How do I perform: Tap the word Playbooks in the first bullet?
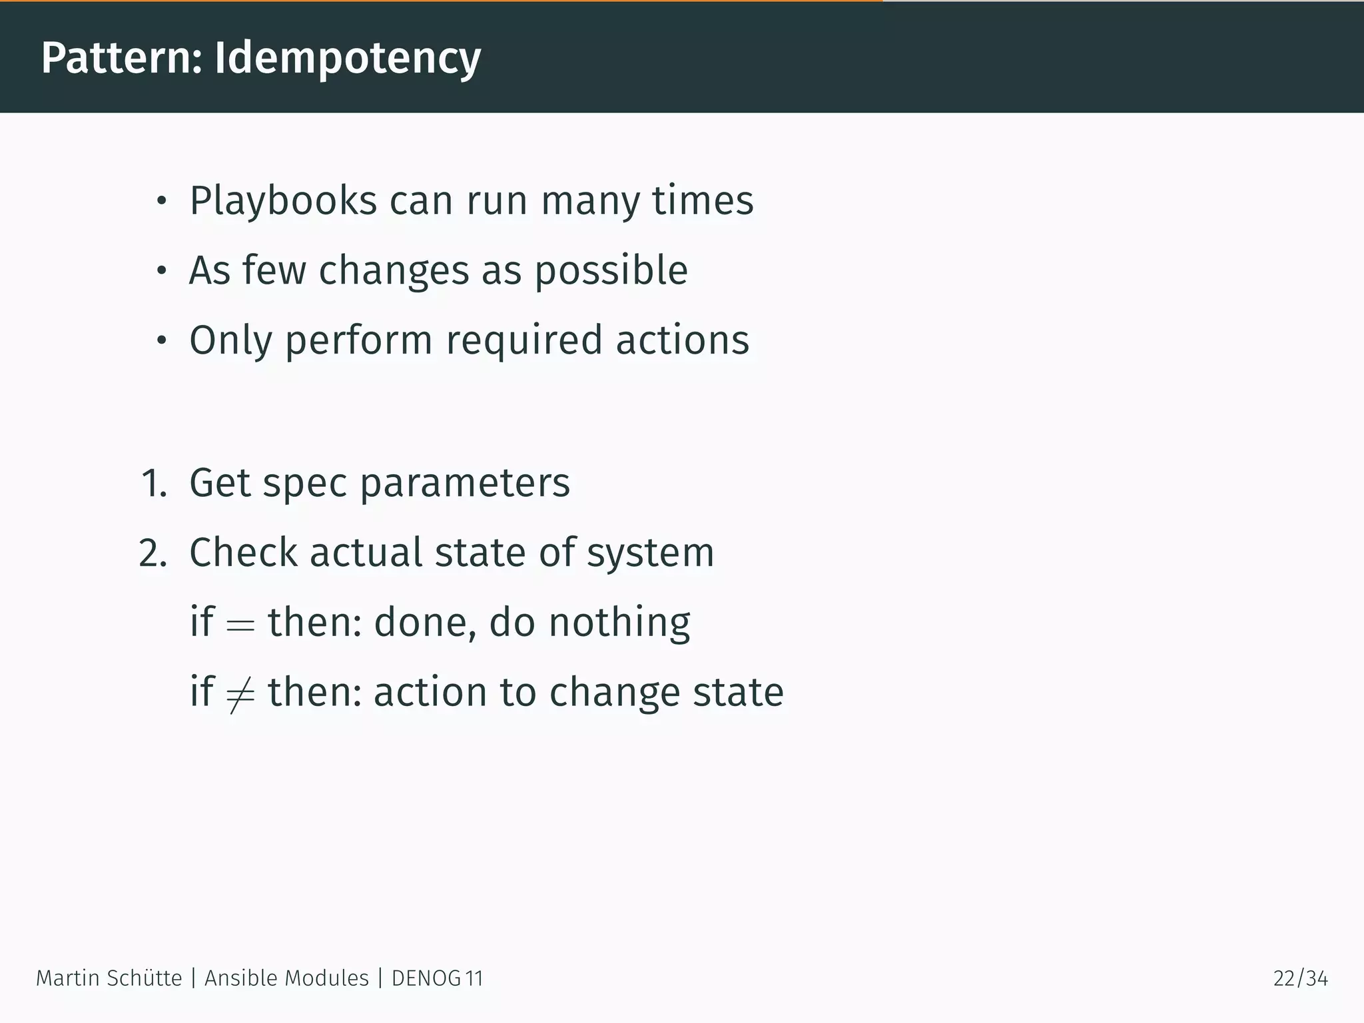(x=283, y=200)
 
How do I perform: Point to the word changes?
(x=394, y=270)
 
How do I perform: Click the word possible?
(x=611, y=272)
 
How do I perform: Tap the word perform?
(x=359, y=341)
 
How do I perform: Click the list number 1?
(x=153, y=483)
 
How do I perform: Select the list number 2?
(x=153, y=553)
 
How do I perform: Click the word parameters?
(x=465, y=484)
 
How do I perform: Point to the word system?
(x=650, y=554)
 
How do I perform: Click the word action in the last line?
(x=430, y=693)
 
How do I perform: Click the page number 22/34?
(x=1300, y=978)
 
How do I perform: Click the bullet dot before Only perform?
(x=161, y=341)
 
